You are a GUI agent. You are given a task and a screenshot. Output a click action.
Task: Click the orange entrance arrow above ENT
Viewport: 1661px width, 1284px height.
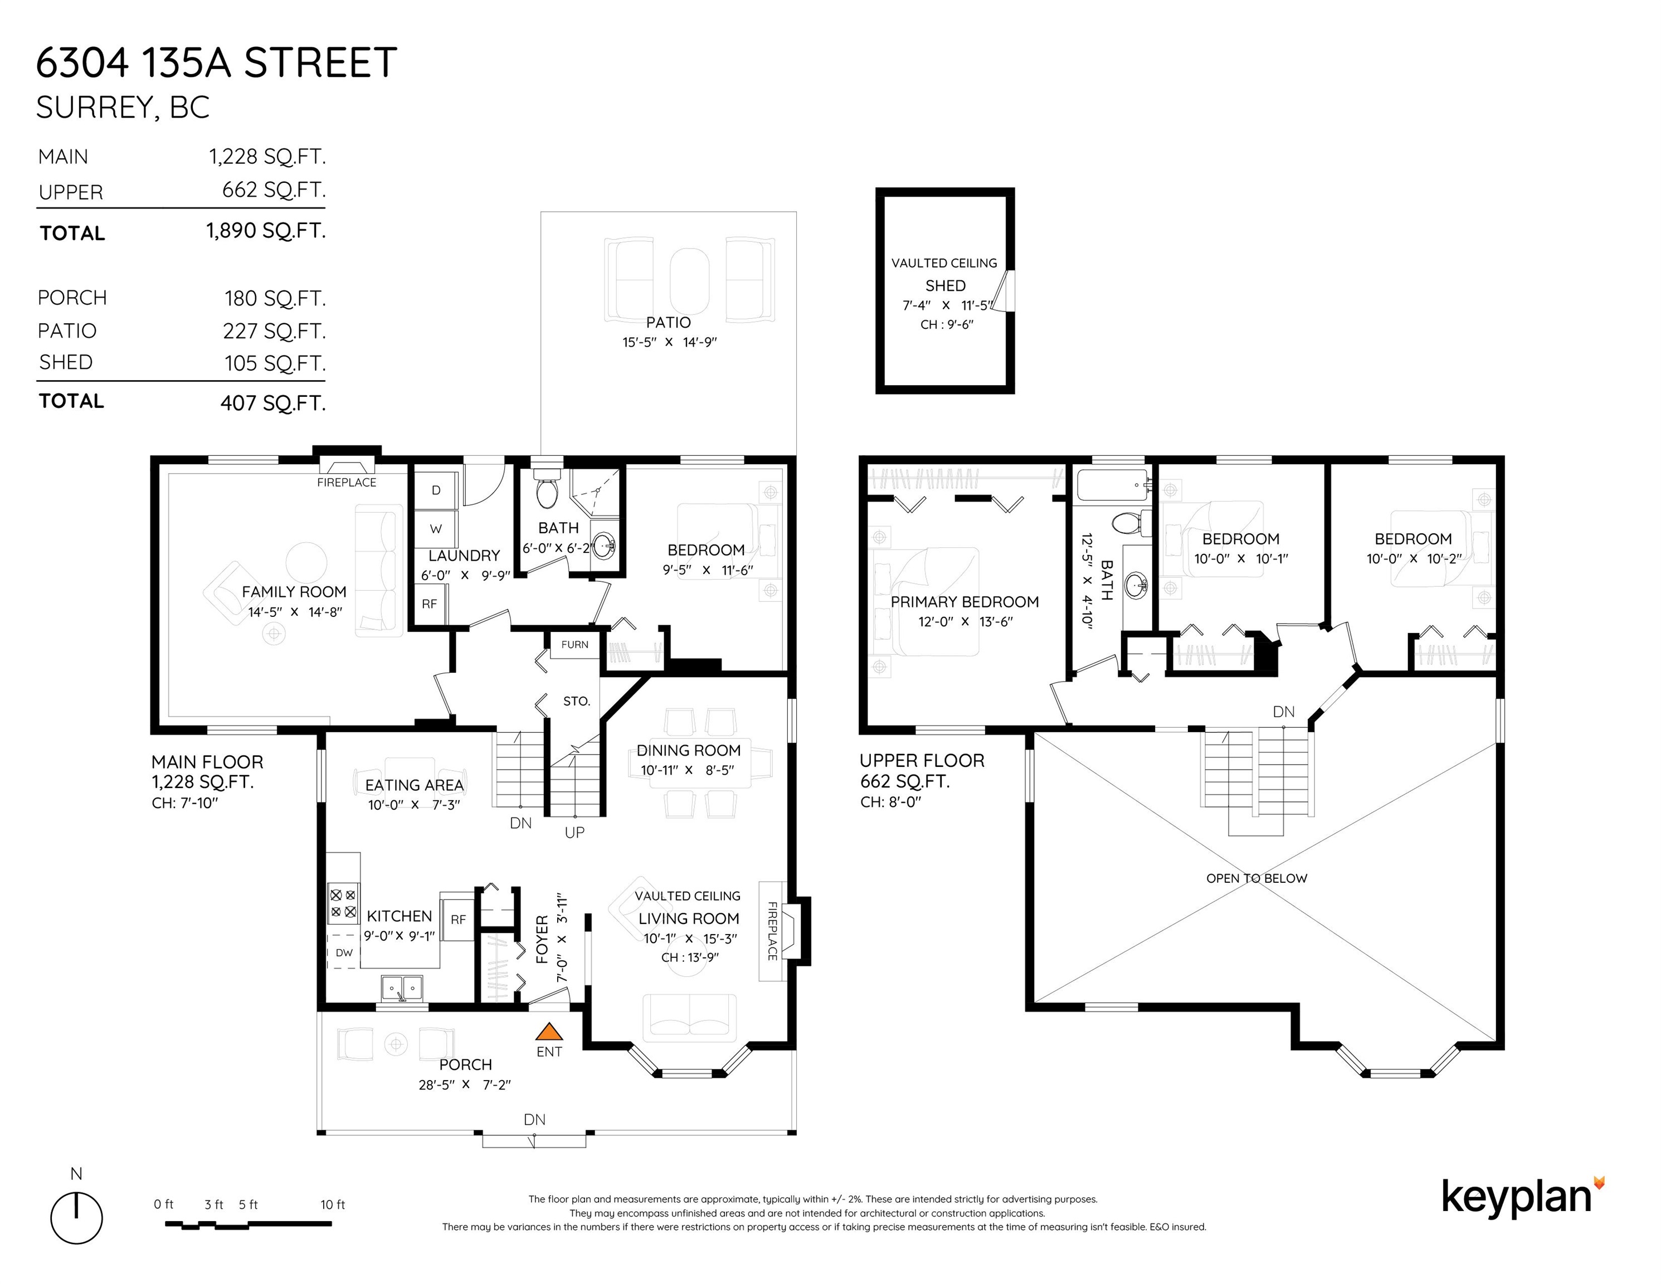[x=549, y=1032]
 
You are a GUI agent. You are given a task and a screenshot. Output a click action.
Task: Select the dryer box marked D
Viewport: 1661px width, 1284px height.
[x=436, y=490]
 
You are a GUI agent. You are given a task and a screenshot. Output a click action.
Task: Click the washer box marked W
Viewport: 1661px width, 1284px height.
[x=436, y=529]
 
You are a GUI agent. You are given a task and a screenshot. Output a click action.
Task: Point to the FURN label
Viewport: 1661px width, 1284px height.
[x=575, y=644]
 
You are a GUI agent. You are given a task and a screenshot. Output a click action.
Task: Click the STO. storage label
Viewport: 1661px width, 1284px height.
[x=577, y=701]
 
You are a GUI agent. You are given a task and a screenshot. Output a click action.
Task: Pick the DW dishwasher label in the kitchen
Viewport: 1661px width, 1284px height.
[x=344, y=952]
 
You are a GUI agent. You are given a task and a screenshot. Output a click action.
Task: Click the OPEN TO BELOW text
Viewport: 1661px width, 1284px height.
[x=1256, y=878]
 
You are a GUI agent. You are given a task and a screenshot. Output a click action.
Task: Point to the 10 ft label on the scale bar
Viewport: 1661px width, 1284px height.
[x=332, y=1205]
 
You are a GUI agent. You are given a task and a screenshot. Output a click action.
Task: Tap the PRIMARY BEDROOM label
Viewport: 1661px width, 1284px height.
[x=965, y=602]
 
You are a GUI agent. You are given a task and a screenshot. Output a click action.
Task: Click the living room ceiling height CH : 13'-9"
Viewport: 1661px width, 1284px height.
[x=690, y=957]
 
